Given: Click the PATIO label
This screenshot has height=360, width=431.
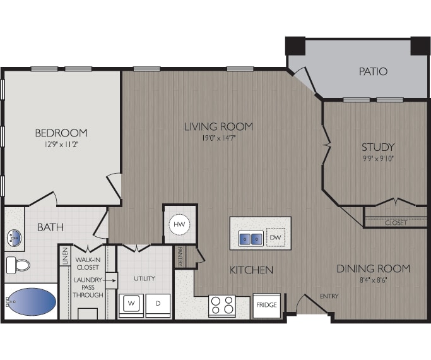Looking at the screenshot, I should [373, 71].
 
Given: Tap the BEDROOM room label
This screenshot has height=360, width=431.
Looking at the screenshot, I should [61, 133].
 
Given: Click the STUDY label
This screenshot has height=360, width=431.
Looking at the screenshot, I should [378, 147].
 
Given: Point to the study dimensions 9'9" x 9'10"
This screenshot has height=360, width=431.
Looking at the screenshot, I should [378, 159].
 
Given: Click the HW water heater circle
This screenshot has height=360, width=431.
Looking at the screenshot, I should [179, 223].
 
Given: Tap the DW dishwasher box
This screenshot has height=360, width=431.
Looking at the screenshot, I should [275, 237].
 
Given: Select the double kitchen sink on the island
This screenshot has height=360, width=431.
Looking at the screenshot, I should [250, 238].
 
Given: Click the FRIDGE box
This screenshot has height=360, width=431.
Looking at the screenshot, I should [266, 306].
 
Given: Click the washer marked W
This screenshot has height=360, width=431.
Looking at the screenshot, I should [132, 304].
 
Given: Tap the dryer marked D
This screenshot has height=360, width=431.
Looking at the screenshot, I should [158, 304].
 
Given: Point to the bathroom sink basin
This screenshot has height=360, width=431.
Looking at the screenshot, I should [15, 238].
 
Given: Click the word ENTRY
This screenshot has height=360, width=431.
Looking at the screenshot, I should [329, 296].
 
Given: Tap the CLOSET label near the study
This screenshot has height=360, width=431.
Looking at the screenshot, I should [395, 223].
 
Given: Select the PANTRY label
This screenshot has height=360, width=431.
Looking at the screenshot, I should [180, 256].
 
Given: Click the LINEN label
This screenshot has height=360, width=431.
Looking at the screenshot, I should [65, 257].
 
